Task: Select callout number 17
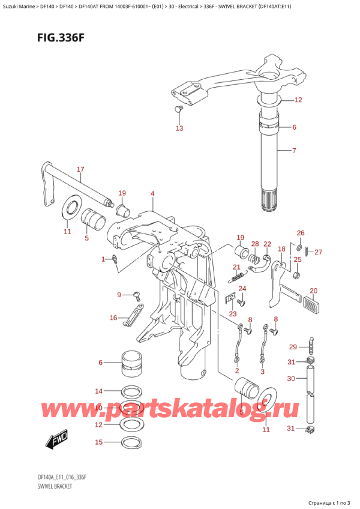[80, 169]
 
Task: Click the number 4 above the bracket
[152, 194]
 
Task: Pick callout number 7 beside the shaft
[294, 150]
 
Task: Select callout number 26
[301, 233]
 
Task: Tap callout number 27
[318, 251]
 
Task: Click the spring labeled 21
[238, 277]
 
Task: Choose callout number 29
[292, 347]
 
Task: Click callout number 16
[113, 318]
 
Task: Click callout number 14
[99, 390]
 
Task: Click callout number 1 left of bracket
[103, 259]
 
